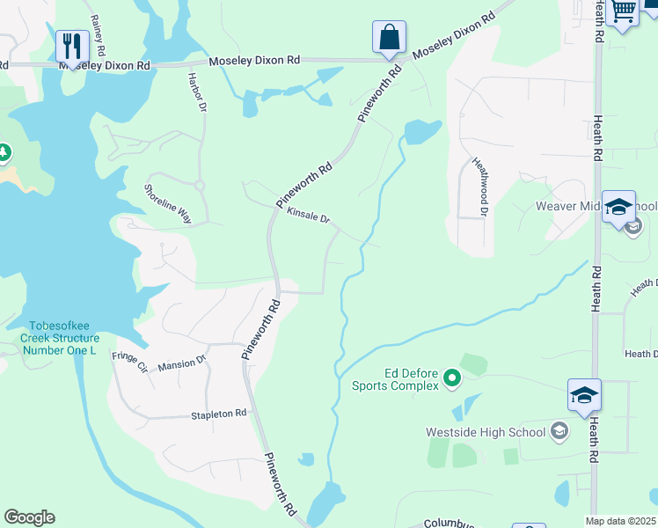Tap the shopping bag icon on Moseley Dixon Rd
tap(388, 37)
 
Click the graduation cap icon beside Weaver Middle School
tap(618, 208)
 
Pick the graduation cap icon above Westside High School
tap(584, 396)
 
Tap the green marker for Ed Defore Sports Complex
tap(452, 378)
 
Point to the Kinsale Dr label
tap(308, 216)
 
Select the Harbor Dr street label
tap(196, 92)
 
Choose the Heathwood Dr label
tap(479, 187)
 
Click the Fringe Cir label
tap(129, 362)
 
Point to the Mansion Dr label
tap(180, 362)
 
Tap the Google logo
tap(29, 517)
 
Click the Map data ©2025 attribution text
tap(621, 521)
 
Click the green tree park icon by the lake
tap(4, 153)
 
